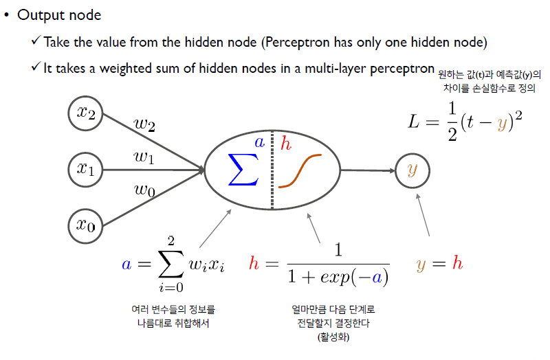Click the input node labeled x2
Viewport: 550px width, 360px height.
(85, 113)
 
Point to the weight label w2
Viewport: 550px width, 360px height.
(144, 124)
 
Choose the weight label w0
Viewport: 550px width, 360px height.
(144, 190)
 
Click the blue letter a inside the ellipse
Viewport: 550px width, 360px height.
(259, 143)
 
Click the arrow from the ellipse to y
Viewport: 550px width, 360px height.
(368, 170)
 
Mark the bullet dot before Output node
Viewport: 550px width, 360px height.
(6, 14)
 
